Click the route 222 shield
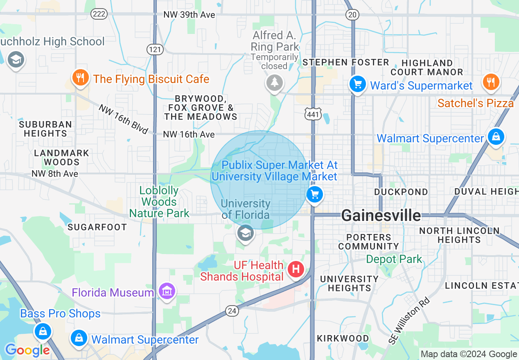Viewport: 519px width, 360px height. [99, 14]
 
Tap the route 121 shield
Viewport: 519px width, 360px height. [155, 49]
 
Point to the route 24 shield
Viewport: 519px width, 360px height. [232, 311]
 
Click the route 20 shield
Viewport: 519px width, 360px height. [352, 15]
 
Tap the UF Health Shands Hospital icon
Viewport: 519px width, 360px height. [296, 269]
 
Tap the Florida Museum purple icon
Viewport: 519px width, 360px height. [167, 292]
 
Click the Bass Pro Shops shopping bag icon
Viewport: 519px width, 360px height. [43, 331]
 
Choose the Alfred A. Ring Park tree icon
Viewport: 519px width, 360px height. [274, 83]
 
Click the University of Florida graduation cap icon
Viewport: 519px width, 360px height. [245, 234]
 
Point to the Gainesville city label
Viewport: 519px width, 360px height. [381, 215]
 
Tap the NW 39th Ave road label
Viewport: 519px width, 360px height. [189, 15]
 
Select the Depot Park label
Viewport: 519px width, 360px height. [394, 259]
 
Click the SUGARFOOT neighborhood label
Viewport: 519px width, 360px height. [97, 227]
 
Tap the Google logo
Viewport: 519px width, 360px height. [27, 350]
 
